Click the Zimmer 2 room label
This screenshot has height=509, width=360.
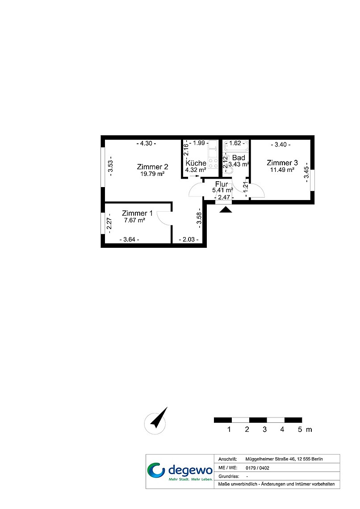click(152, 167)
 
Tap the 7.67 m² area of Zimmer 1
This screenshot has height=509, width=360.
click(134, 221)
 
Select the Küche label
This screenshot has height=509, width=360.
click(196, 163)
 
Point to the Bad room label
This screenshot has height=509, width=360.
click(239, 158)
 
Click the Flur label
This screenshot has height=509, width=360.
click(222, 184)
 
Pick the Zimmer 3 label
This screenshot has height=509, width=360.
click(282, 163)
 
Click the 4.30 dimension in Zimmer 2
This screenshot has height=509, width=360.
click(146, 143)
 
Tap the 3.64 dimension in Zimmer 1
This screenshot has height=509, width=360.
click(129, 240)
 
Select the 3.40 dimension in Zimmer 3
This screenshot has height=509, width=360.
click(281, 145)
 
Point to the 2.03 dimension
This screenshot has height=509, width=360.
click(188, 240)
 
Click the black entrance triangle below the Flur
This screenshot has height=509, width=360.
click(226, 209)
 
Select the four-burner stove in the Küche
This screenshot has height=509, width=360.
click(213, 163)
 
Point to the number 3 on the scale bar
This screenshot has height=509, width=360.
click(264, 430)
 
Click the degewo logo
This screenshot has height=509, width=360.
click(180, 471)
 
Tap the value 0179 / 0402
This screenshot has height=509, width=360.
click(257, 468)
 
